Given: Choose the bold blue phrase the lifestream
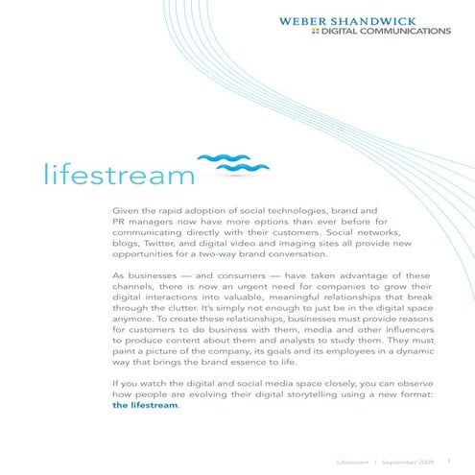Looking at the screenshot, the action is pyautogui.click(x=145, y=433).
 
